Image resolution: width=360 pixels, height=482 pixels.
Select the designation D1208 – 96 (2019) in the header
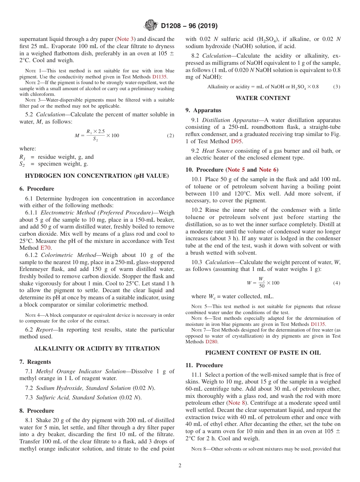point(189,26)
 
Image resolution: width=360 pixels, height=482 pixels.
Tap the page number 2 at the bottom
point(180,466)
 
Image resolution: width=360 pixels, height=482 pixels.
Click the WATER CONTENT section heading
point(263,98)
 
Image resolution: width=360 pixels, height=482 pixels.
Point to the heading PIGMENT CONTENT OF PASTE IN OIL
point(263,353)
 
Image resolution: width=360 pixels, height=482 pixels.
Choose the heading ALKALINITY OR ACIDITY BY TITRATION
point(97,349)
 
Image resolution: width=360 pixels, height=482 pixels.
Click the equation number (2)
point(171,136)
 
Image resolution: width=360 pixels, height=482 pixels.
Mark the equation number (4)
point(337,283)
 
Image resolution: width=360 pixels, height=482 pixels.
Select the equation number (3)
point(337,87)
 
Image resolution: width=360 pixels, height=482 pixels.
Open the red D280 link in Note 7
point(211,341)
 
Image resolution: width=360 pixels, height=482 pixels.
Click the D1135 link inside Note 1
point(160,76)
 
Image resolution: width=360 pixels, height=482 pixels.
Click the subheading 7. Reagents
point(35,362)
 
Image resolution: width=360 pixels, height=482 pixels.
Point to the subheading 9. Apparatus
point(203,110)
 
